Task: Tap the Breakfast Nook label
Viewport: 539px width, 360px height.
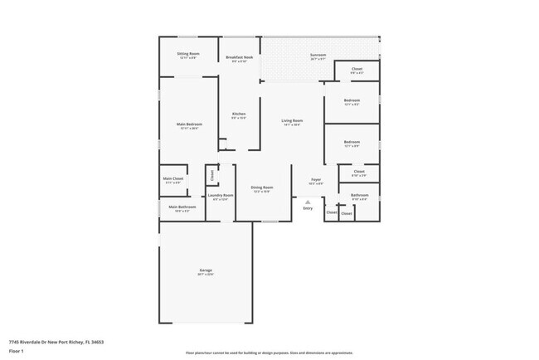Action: [240, 57]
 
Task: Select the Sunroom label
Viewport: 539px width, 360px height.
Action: [318, 55]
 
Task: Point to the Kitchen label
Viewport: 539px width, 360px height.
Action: [239, 114]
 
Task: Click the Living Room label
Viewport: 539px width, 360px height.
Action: [292, 121]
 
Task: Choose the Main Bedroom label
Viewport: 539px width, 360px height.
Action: [188, 124]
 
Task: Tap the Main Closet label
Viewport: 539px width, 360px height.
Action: [173, 179]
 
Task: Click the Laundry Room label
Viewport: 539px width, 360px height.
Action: [221, 196]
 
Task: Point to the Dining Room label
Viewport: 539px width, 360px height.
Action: [262, 187]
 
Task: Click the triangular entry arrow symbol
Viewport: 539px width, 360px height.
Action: [308, 202]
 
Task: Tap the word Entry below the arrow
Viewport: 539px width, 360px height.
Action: [308, 208]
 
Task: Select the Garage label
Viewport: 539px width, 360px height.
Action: [205, 271]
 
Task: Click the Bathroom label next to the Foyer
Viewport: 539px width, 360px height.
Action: [360, 196]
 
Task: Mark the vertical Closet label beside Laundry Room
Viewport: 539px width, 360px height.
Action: [212, 175]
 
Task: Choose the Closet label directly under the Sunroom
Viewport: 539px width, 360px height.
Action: [357, 70]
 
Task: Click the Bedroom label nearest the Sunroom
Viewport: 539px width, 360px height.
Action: [352, 100]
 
